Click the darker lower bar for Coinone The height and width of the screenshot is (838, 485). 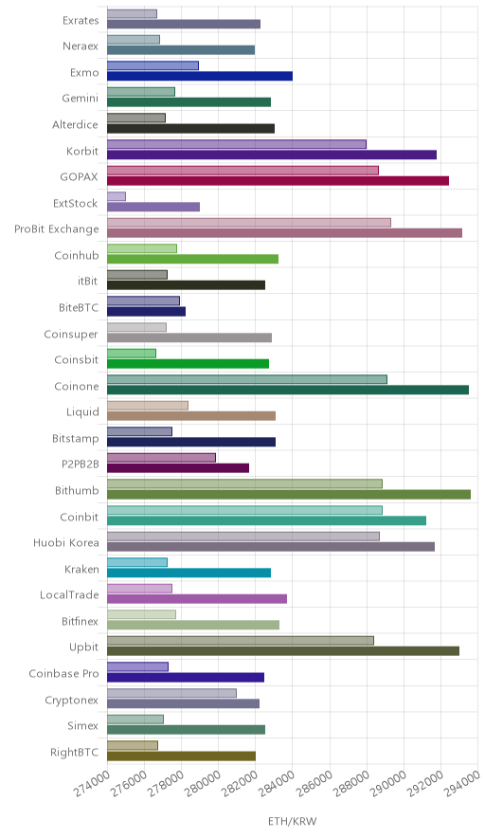(288, 390)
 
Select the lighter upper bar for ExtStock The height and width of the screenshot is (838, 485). (117, 196)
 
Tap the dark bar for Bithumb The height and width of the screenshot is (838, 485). (289, 494)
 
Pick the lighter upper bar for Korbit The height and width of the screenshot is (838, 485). (237, 144)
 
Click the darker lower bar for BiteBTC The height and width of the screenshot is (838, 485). (147, 312)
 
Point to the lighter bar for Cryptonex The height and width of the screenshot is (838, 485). (172, 693)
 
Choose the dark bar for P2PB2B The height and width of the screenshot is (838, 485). (178, 468)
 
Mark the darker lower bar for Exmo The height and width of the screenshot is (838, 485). (200, 76)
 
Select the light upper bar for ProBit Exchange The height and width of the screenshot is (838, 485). (249, 223)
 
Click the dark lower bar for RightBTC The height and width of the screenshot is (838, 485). (182, 756)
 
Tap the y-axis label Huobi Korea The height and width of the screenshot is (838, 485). (66, 542)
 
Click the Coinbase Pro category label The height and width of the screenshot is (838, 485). (64, 673)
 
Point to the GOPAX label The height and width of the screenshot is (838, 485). (79, 176)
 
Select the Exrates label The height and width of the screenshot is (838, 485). (81, 20)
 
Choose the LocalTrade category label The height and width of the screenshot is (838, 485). (69, 594)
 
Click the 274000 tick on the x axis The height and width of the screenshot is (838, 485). (92, 783)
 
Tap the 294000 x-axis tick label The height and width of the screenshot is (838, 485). (461, 783)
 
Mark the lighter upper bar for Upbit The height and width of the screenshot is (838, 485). (241, 640)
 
